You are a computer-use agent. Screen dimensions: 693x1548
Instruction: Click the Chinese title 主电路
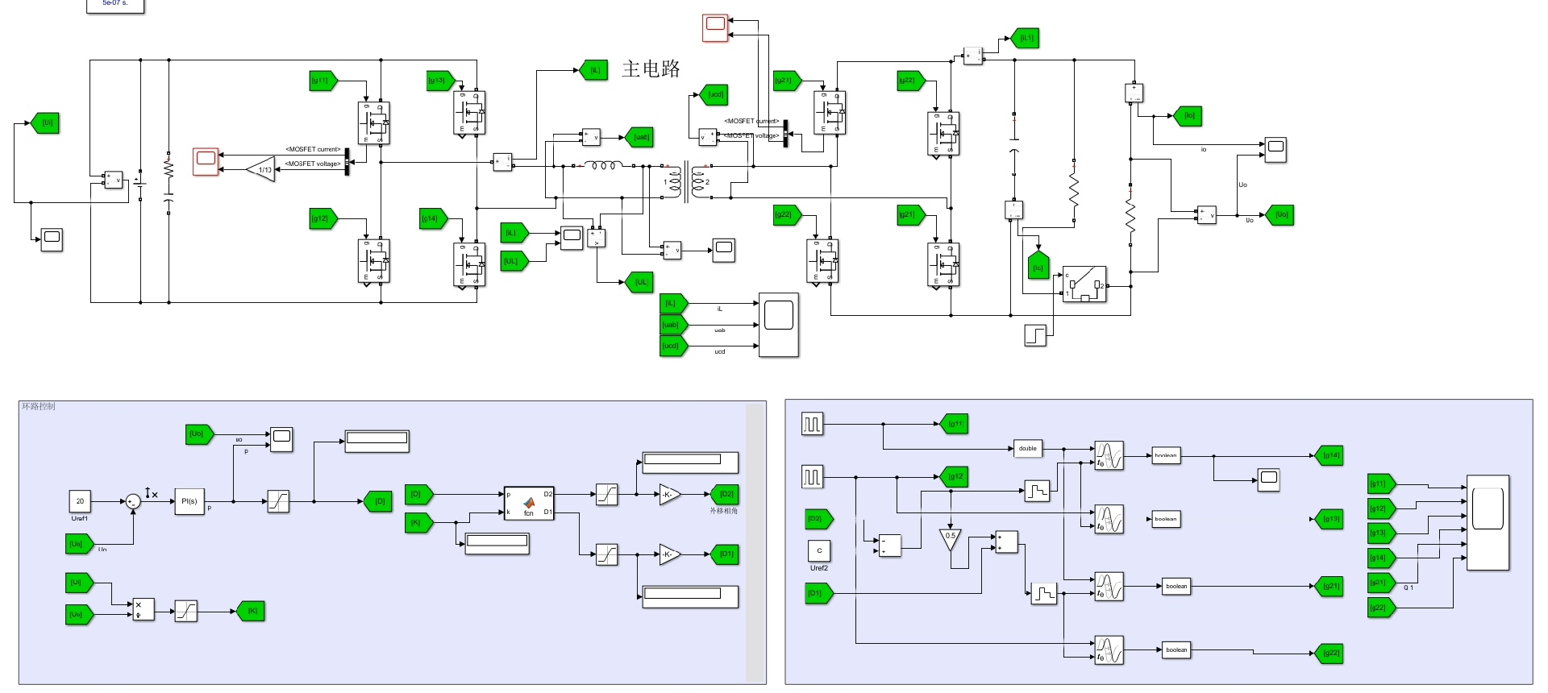[x=651, y=69]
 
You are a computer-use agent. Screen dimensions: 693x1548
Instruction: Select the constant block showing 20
[x=80, y=501]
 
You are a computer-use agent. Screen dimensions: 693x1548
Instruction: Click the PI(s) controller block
[x=189, y=501]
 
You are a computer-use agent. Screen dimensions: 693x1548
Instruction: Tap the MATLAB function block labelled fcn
[x=529, y=503]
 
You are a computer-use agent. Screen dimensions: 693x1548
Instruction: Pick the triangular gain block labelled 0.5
[x=951, y=538]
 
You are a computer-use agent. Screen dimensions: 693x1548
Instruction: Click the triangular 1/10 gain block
[x=261, y=169]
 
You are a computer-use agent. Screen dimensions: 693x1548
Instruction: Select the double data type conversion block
[x=1027, y=449]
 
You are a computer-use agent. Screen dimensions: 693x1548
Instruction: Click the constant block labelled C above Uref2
[x=819, y=550]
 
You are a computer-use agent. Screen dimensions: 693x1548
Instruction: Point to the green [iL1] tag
[x=1026, y=38]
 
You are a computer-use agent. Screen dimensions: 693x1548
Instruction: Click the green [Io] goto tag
[x=1188, y=116]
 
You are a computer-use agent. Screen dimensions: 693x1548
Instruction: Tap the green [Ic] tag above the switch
[x=1038, y=267]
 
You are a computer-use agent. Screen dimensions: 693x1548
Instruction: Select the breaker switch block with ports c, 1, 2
[x=1084, y=284]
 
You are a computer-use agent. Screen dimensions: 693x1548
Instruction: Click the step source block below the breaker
[x=1035, y=335]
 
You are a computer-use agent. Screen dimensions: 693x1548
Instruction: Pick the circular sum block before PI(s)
[x=134, y=501]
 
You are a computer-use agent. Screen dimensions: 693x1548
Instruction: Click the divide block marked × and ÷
[x=143, y=610]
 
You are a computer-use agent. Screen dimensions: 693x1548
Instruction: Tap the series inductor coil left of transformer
[x=603, y=166]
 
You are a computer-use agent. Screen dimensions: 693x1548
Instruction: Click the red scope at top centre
[x=715, y=27]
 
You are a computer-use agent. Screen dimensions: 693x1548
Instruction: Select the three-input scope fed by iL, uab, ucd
[x=778, y=325]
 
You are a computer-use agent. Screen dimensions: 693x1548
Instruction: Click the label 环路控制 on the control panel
[x=39, y=406]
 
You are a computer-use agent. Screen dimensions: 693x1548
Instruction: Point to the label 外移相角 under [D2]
[x=723, y=511]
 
